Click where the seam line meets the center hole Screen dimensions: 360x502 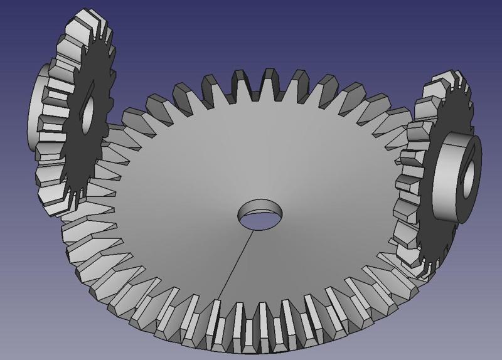point(254,230)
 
